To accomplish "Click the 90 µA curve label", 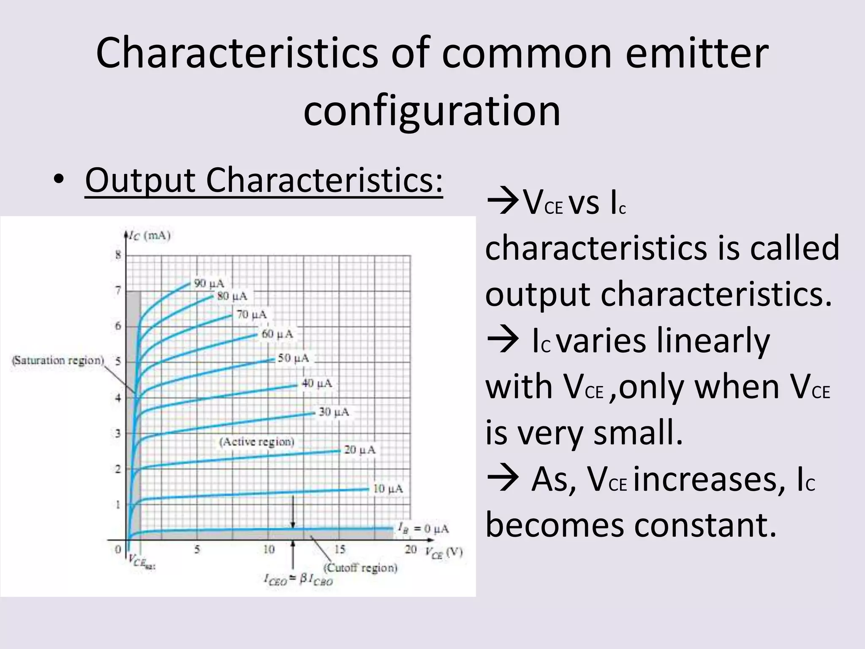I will pos(209,283).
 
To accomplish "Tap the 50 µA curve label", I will pos(293,358).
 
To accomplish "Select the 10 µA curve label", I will pos(388,489).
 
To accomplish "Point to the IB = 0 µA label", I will pos(423,528).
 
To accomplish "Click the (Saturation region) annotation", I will pos(58,360).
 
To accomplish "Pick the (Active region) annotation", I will pos(256,442).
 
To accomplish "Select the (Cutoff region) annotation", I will pos(360,567).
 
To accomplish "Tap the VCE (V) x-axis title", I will pos(443,552).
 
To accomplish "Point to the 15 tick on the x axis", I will pos(340,549).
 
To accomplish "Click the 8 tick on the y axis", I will pos(118,255).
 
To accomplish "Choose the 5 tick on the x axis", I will pos(197,549).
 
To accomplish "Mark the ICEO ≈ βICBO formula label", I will pos(298,580).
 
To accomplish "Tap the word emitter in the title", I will pos(696,53).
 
